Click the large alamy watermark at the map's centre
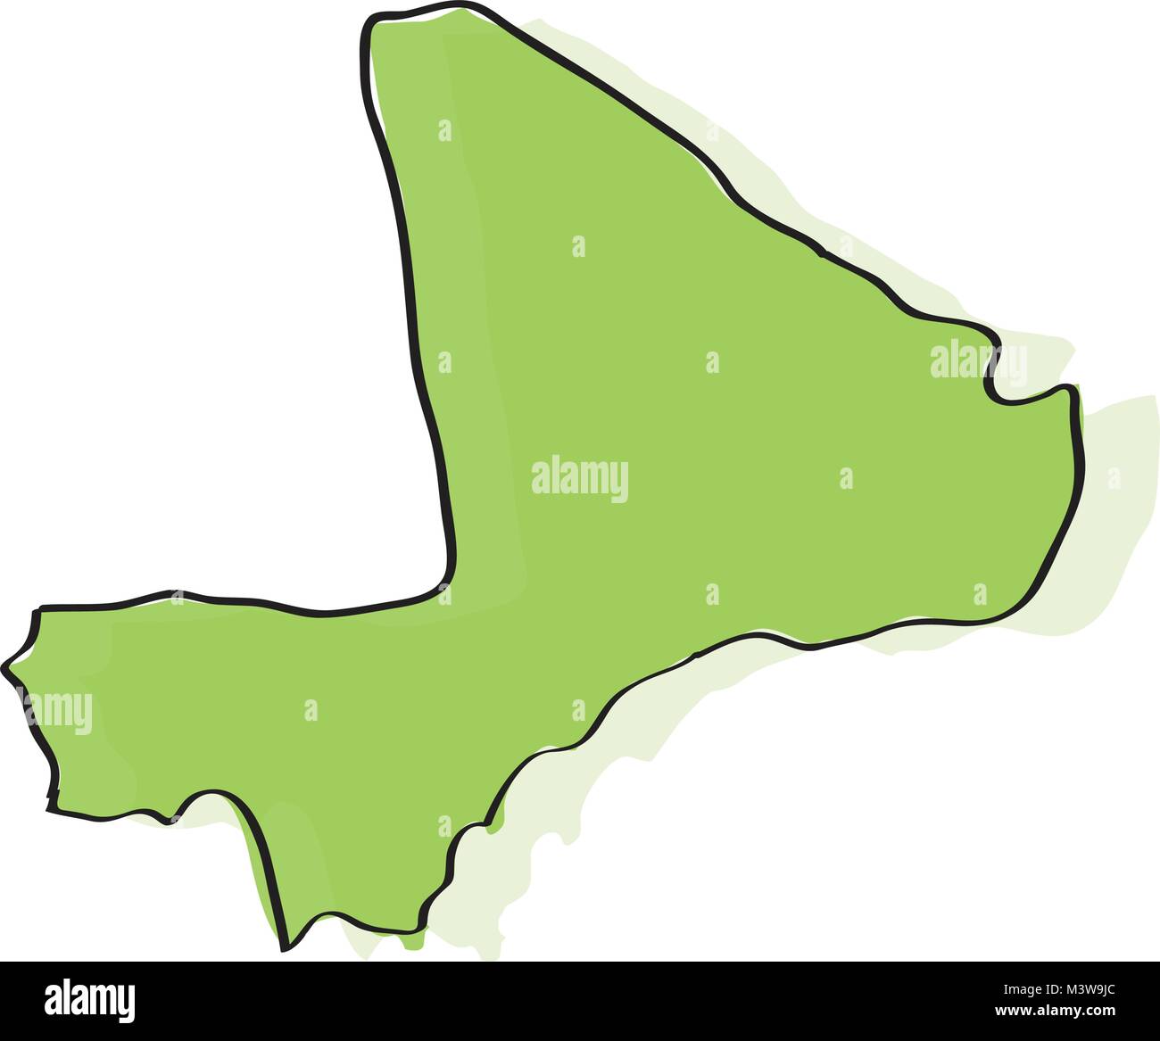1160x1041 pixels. click(579, 480)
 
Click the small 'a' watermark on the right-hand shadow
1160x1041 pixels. click(1114, 478)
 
